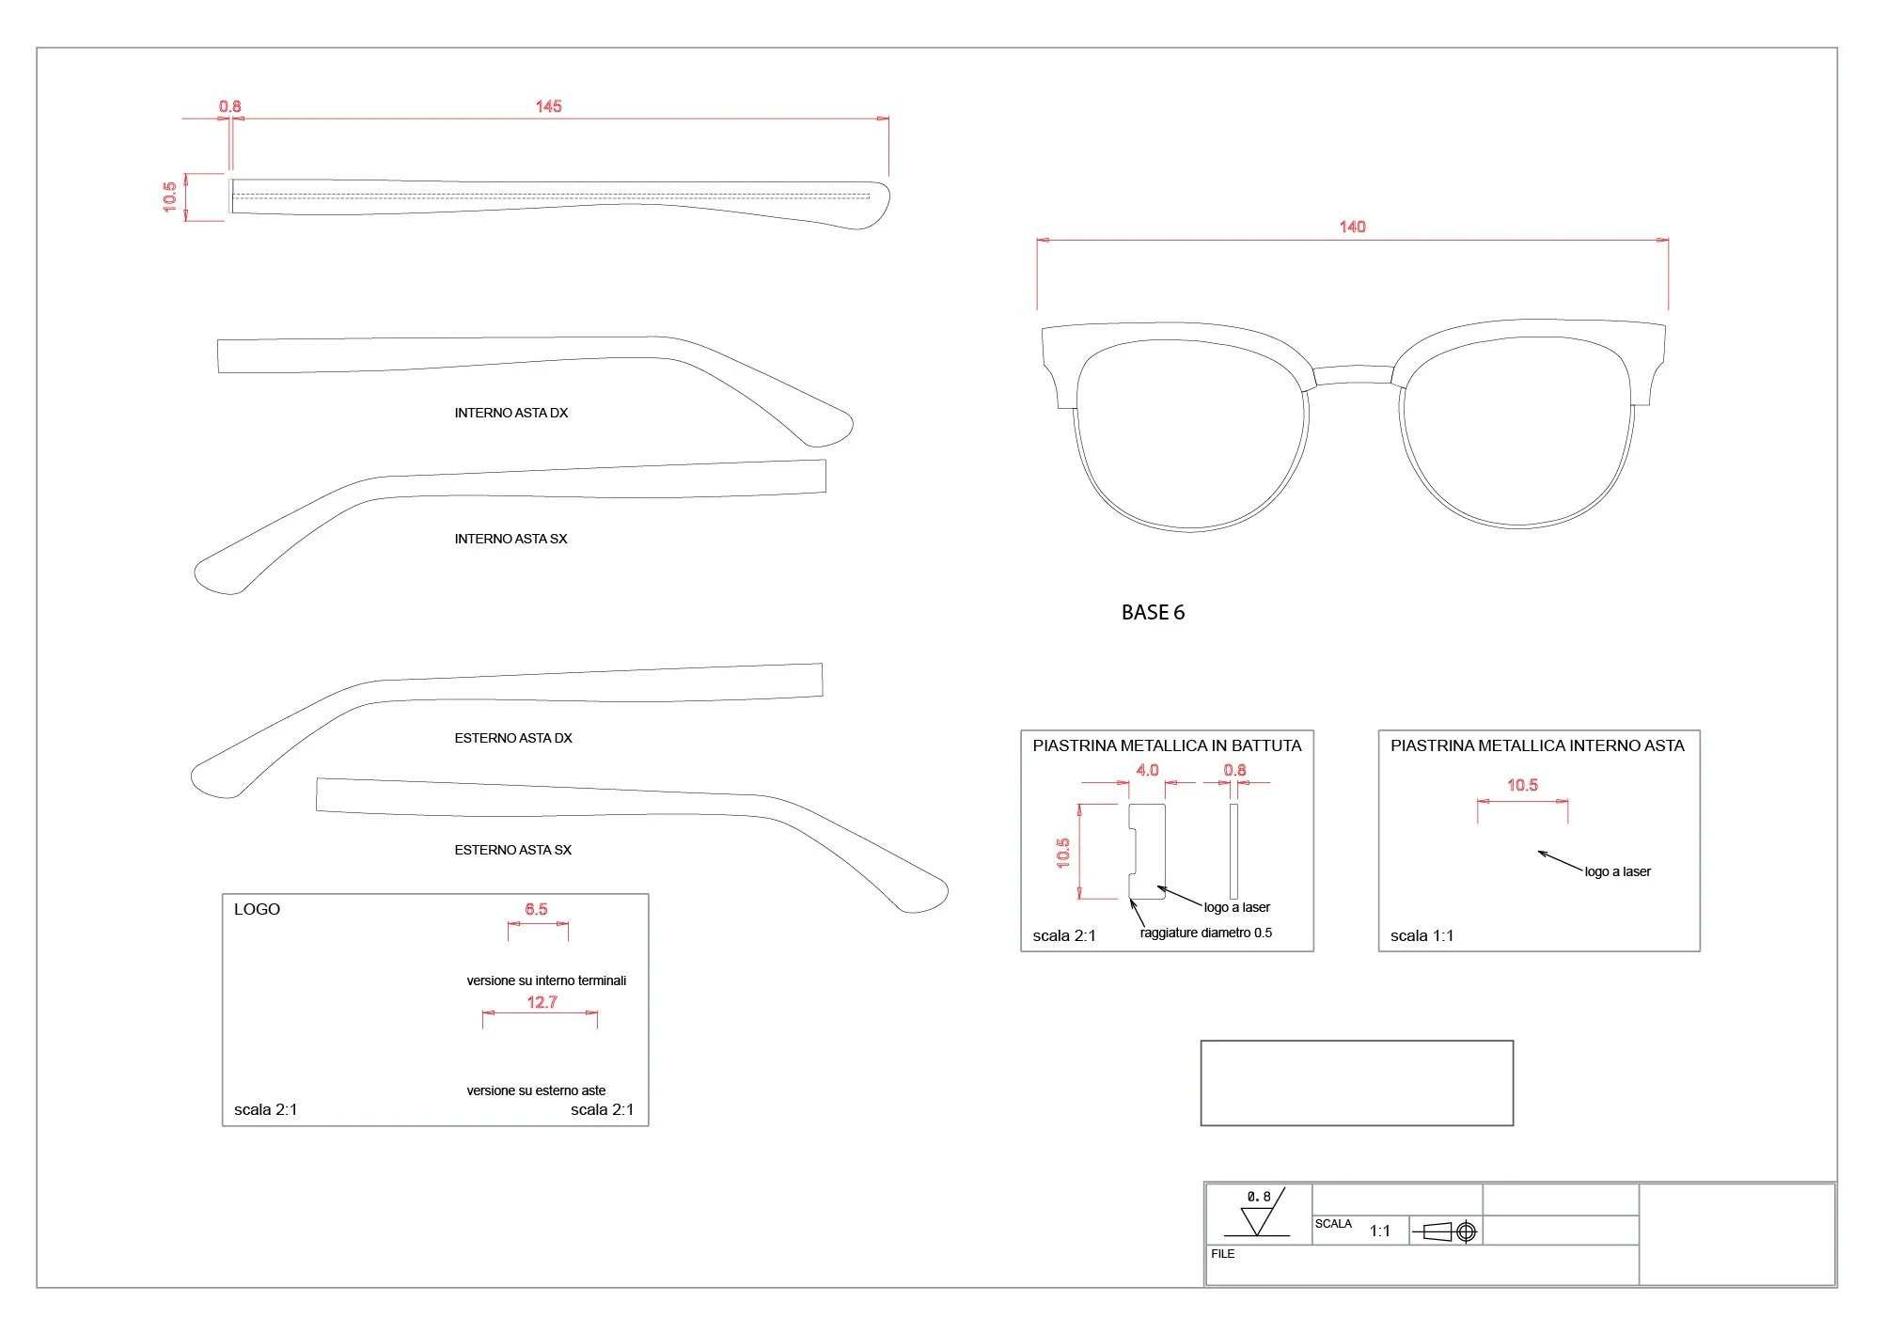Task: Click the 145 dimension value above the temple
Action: tap(548, 106)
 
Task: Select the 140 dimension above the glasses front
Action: tap(1352, 227)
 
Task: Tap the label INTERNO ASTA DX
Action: tap(511, 413)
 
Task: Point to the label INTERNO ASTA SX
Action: tap(511, 539)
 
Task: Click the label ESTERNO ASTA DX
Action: tap(512, 738)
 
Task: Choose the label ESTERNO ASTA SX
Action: tap(512, 850)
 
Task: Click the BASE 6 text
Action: tap(1153, 612)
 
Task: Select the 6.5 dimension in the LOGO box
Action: tap(536, 909)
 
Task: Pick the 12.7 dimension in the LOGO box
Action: tap(542, 1002)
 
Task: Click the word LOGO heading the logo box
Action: tap(257, 909)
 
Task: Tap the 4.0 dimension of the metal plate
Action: tap(1147, 770)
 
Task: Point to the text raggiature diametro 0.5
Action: tap(1205, 933)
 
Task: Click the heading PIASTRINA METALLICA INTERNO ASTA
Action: tap(1537, 745)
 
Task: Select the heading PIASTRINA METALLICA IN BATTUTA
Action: tap(1167, 745)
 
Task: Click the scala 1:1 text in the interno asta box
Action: tap(1422, 935)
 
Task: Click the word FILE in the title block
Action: tap(1222, 1254)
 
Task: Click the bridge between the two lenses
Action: tap(1352, 374)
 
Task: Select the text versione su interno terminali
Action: tap(546, 980)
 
